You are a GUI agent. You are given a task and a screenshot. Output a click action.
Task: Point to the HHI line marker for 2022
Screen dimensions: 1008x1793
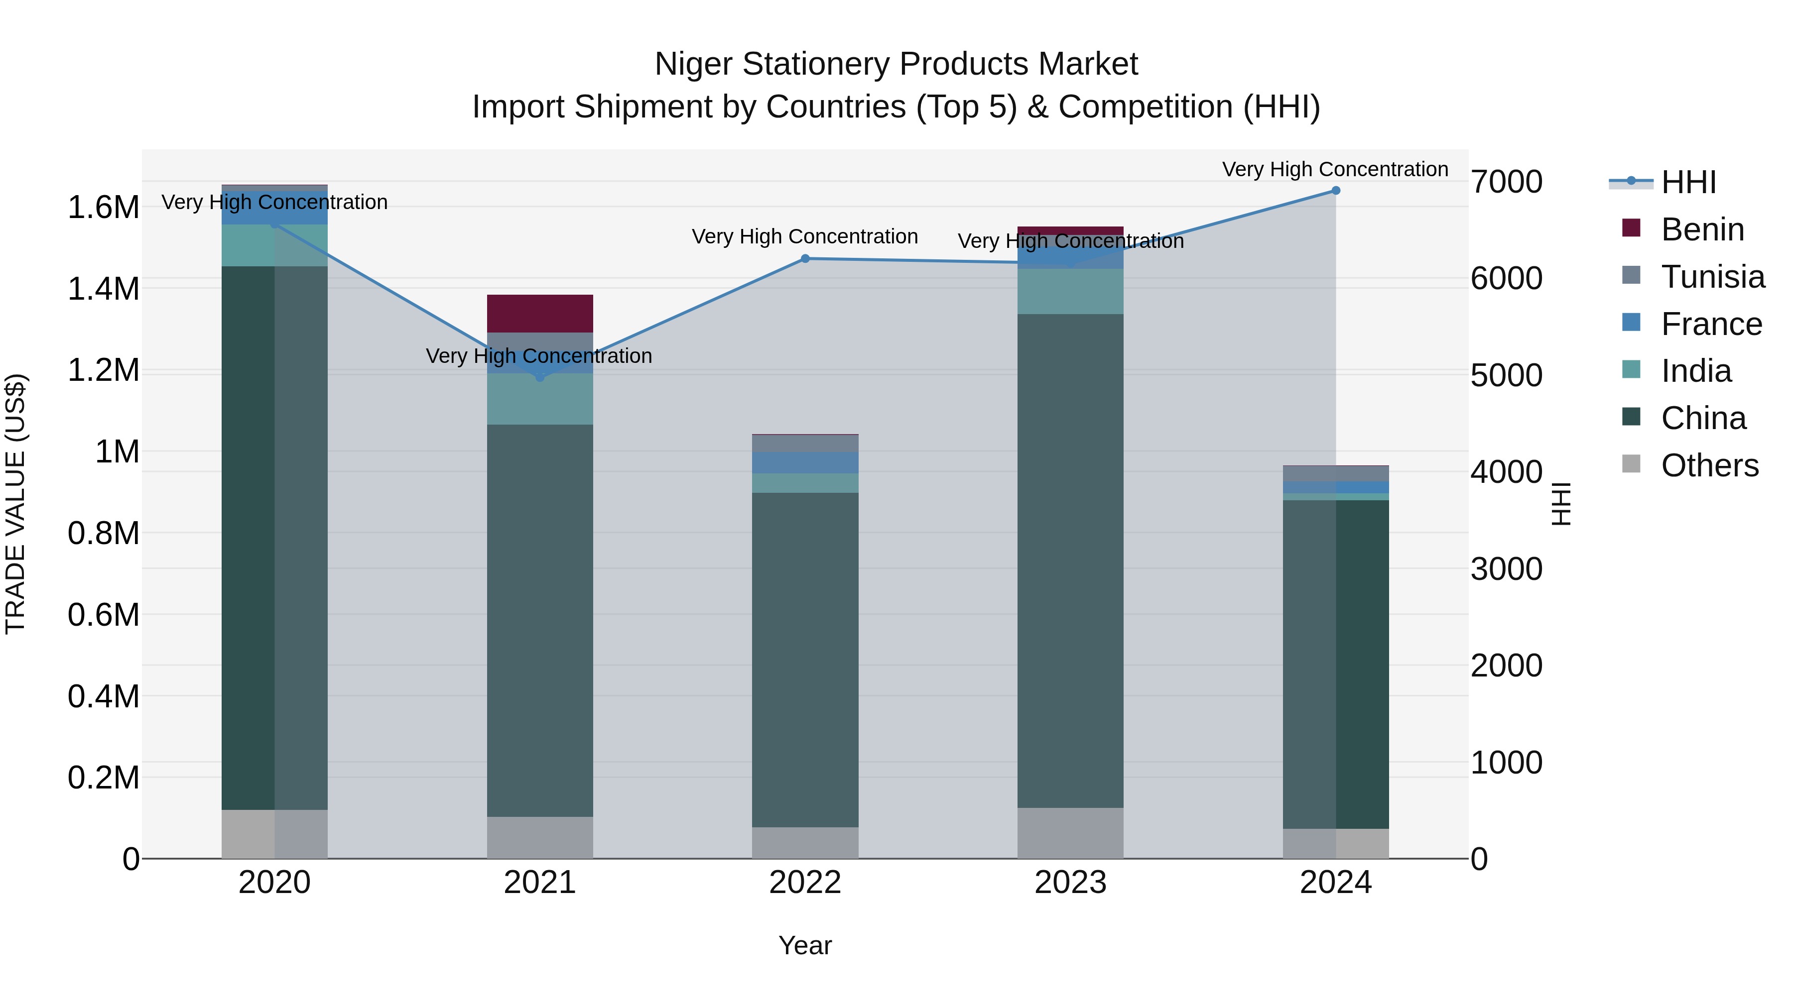pos(805,259)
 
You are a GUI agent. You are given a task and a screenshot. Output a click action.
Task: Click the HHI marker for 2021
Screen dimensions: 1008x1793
pos(539,377)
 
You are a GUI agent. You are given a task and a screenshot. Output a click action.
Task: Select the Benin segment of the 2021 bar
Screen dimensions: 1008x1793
pos(539,314)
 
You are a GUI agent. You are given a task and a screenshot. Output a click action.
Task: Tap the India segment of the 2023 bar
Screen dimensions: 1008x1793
pos(1070,292)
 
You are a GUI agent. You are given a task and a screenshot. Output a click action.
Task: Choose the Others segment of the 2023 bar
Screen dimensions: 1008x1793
pos(1070,833)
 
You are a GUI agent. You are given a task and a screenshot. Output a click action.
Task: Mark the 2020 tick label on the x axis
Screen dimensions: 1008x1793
pos(274,883)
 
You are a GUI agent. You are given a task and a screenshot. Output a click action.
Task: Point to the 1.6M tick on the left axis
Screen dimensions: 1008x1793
pos(103,207)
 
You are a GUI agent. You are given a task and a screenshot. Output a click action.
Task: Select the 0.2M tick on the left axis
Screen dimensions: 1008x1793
pos(103,778)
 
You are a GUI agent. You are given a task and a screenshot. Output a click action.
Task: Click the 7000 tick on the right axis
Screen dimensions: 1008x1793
pos(1506,182)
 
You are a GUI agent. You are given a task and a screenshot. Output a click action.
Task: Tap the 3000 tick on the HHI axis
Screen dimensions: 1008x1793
pos(1506,569)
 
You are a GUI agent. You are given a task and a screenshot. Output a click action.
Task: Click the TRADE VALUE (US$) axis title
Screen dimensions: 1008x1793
pos(15,504)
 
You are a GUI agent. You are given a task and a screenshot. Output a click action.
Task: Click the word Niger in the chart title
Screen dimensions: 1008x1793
pos(693,65)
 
